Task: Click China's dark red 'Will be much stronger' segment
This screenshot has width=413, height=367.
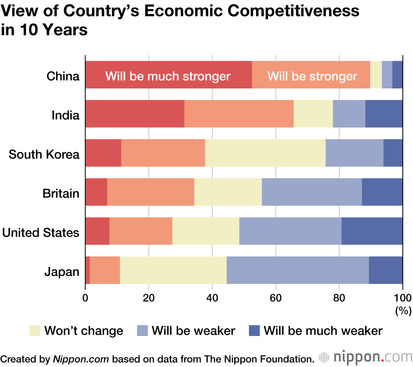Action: pos(169,75)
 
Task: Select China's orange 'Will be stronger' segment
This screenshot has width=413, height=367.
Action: pos(311,75)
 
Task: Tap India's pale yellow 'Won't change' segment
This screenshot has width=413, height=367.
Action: pos(313,114)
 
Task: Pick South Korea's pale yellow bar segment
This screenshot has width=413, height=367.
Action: pos(265,153)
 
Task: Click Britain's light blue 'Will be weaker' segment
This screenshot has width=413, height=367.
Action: pos(312,192)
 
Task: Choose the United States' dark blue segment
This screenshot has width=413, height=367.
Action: pos(372,231)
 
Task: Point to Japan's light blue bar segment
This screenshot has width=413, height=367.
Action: pos(297,270)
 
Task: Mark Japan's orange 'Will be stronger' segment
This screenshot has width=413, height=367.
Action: pos(105,270)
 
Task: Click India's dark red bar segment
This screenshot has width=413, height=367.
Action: pos(135,114)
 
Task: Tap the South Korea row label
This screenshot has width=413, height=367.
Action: pos(44,154)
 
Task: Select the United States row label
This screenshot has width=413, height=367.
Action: pos(40,232)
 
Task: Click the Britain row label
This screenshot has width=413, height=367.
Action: pos(61,193)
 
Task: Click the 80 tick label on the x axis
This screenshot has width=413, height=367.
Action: pos(339,298)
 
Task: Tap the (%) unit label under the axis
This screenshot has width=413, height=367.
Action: pos(403,310)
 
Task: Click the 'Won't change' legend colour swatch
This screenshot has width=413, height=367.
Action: pos(35,331)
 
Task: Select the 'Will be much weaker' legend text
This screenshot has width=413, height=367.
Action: pos(323,331)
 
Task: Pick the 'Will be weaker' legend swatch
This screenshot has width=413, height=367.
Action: pos(142,331)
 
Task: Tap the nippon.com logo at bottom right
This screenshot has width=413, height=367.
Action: pos(365,356)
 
